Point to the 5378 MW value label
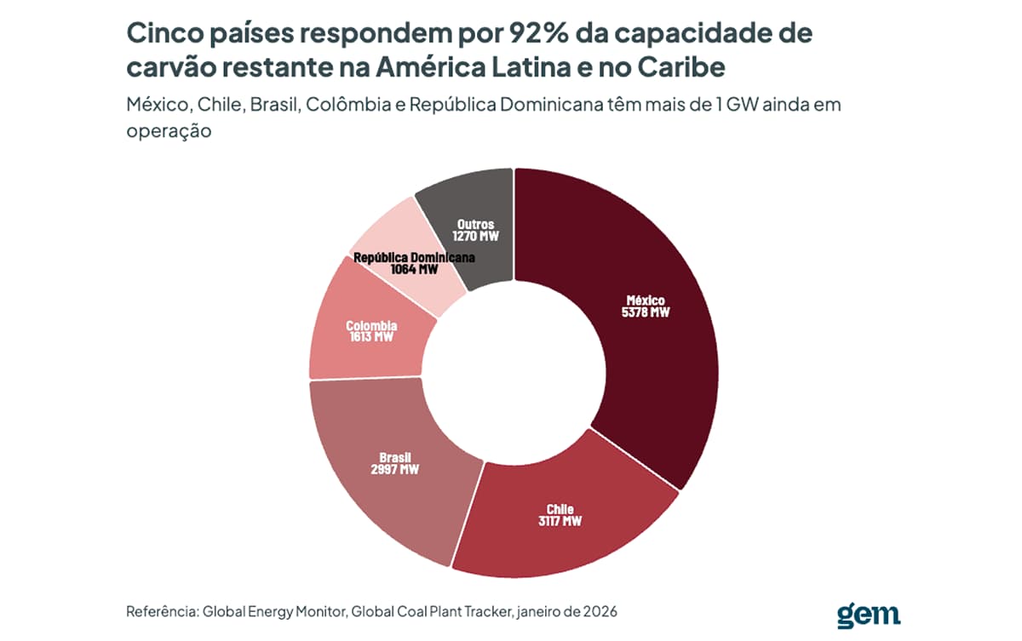[646, 312]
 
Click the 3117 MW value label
[560, 521]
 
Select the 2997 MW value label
[394, 469]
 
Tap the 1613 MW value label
[371, 337]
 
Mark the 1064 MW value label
[414, 269]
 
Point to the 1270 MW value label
[475, 236]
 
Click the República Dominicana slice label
[414, 258]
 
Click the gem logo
[869, 616]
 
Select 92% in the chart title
[538, 33]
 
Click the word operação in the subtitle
[169, 132]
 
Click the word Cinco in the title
[164, 33]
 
